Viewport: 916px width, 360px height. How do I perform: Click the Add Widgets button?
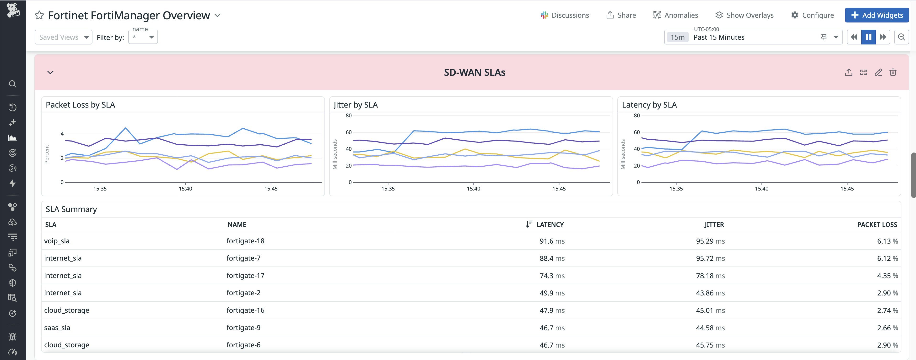coord(877,15)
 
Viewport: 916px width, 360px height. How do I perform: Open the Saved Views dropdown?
coord(63,37)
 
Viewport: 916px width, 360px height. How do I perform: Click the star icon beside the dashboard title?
coord(39,15)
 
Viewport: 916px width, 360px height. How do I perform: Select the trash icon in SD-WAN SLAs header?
coord(893,72)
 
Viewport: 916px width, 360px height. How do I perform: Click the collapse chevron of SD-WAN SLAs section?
coord(50,72)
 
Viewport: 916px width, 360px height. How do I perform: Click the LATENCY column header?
coord(550,224)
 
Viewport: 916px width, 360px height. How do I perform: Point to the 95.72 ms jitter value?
coord(710,258)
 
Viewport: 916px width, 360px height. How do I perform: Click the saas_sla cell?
coord(57,328)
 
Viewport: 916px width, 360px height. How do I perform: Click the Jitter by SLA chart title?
coord(356,105)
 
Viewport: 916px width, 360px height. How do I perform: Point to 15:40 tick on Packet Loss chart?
coord(185,189)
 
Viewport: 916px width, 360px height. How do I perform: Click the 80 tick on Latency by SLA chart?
coord(636,116)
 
